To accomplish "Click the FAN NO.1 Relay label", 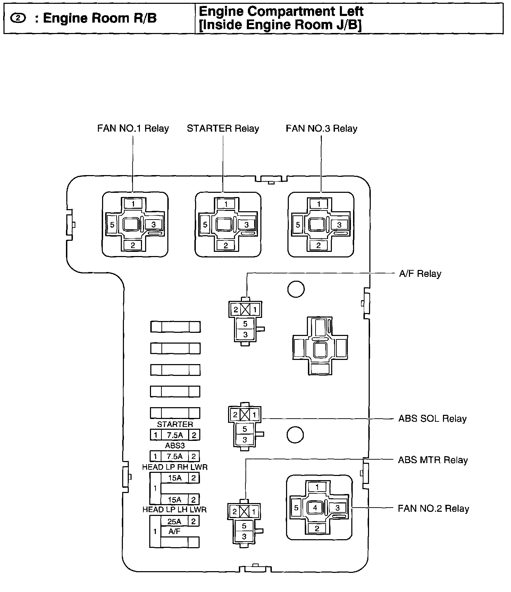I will [x=133, y=129].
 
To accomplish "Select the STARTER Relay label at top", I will [x=223, y=129].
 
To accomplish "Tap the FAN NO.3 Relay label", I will [x=321, y=129].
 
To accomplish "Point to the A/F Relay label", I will [x=420, y=274].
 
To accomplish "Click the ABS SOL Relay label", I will [x=432, y=419].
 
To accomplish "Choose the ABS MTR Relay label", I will [x=433, y=460].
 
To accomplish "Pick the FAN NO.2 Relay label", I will [x=433, y=509].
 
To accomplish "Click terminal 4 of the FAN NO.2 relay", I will [x=315, y=508].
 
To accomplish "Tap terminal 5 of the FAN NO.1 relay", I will [x=112, y=225].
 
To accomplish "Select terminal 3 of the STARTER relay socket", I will [x=246, y=225].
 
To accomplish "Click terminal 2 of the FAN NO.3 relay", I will [x=319, y=245].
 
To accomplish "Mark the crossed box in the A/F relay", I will [x=245, y=309].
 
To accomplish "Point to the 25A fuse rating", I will [x=174, y=521].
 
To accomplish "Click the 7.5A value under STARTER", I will [x=174, y=435].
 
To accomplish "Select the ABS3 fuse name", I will [x=175, y=445].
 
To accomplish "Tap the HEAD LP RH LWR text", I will [x=175, y=467].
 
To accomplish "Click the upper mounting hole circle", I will [x=296, y=289].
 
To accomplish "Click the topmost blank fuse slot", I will [x=175, y=327].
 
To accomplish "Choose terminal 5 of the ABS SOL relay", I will [x=245, y=429].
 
